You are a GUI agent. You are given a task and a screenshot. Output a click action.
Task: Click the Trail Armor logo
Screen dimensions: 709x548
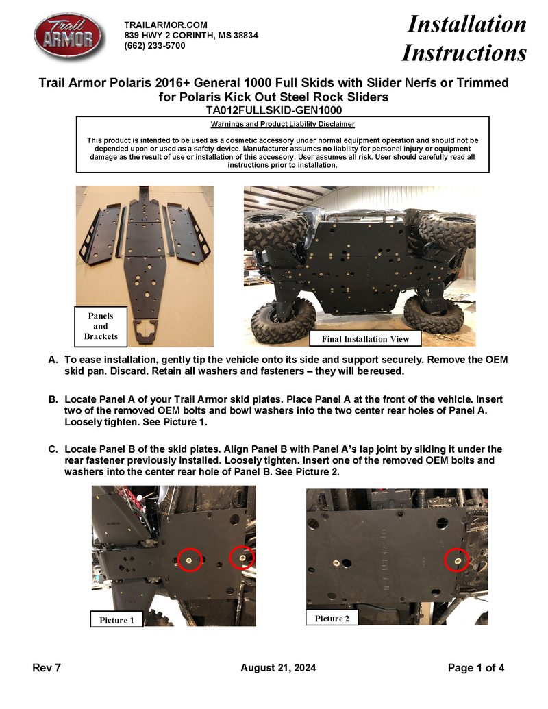click(69, 37)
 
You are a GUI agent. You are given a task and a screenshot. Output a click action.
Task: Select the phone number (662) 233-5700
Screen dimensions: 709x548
click(154, 46)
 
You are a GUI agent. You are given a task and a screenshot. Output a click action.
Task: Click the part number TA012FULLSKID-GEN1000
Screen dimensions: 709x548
click(274, 110)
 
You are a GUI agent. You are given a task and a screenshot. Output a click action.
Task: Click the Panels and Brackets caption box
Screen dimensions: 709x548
click(101, 326)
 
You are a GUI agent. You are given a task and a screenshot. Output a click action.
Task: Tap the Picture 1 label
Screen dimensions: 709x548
click(116, 619)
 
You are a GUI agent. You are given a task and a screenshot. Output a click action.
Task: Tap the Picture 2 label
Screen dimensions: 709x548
click(332, 618)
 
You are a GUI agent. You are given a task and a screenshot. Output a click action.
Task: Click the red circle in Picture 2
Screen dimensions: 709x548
click(458, 560)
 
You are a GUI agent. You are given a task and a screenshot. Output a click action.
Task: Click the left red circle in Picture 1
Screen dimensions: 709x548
click(190, 560)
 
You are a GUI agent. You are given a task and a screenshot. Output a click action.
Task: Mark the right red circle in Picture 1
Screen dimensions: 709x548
click(242, 557)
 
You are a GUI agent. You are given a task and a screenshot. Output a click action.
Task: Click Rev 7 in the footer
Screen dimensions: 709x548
click(47, 668)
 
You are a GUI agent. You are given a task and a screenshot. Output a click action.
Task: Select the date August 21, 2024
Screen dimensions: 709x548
click(278, 668)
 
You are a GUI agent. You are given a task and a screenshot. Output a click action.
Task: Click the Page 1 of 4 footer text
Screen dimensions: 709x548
click(476, 668)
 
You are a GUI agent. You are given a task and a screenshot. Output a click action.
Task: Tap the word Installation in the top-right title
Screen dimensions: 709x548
click(467, 25)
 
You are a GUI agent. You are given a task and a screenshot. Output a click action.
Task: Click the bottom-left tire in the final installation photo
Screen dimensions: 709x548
click(283, 319)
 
